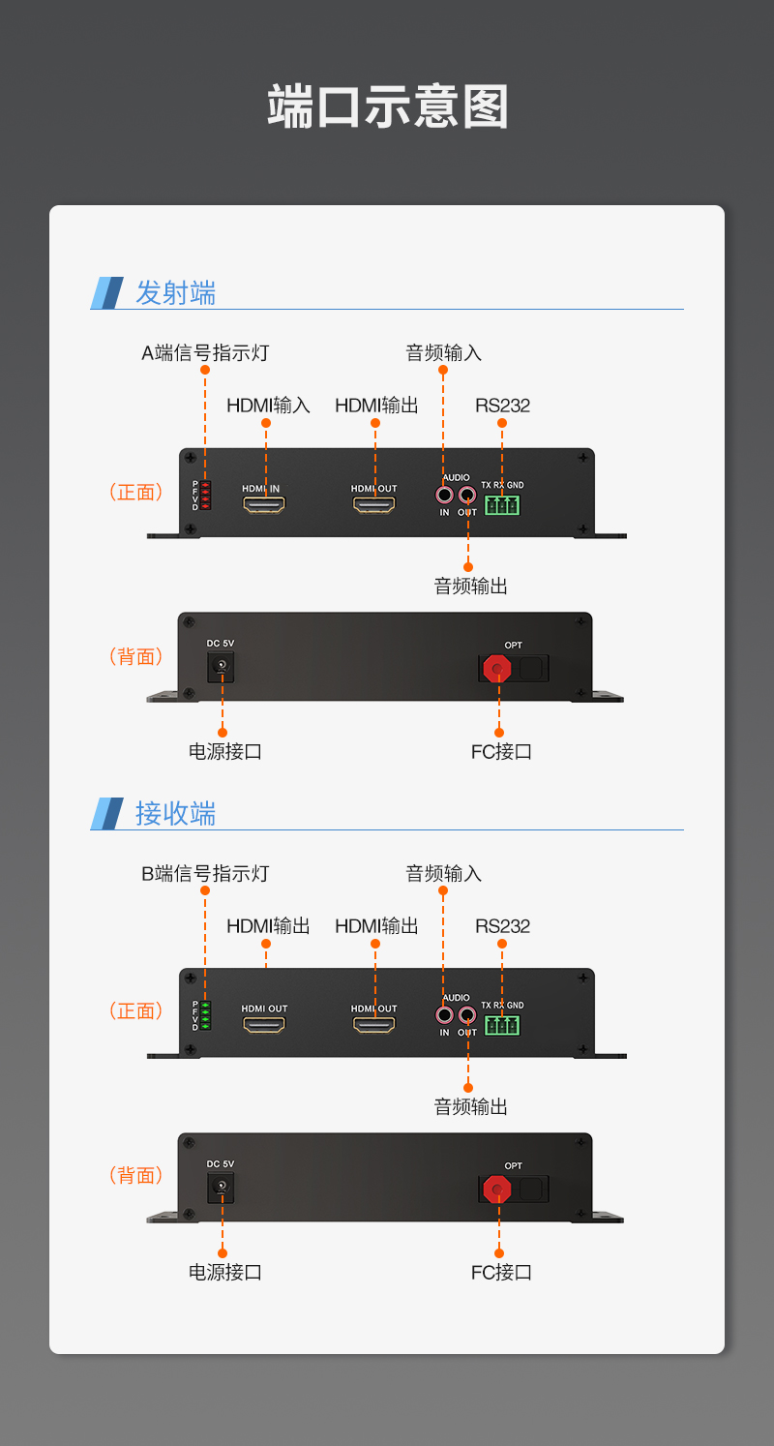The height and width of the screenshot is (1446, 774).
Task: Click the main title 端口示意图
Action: tap(387, 106)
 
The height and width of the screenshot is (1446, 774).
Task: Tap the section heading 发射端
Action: tap(175, 292)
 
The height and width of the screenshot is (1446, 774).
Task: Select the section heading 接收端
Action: tap(175, 813)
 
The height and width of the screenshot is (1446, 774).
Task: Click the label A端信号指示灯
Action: tap(205, 352)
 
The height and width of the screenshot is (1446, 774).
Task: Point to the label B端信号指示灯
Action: tap(205, 873)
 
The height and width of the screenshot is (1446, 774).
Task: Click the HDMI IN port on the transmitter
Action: tap(264, 504)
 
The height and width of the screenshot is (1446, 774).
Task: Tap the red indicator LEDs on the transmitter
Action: tap(205, 495)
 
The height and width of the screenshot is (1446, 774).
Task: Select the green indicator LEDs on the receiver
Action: tap(205, 1015)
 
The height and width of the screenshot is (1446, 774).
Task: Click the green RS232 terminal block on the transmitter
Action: tap(502, 504)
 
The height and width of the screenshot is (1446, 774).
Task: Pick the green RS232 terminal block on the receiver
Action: tap(502, 1024)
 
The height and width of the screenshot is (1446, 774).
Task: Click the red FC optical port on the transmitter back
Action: tap(498, 667)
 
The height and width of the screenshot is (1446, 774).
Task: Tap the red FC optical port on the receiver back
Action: tap(498, 1188)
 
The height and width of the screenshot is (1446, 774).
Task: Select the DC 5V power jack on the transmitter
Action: tap(222, 665)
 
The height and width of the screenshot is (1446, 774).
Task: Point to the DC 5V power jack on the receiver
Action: tap(222, 1186)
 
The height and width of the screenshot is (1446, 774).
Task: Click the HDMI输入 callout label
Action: tap(268, 405)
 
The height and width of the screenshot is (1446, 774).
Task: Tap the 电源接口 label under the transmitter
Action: tap(224, 751)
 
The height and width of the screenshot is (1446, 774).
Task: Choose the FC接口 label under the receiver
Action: tap(501, 1272)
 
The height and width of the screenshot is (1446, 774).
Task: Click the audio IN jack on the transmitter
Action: tap(445, 495)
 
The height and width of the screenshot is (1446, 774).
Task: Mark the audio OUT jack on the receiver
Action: tap(467, 1015)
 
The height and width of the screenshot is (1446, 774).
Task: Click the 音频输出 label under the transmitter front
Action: tap(470, 586)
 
